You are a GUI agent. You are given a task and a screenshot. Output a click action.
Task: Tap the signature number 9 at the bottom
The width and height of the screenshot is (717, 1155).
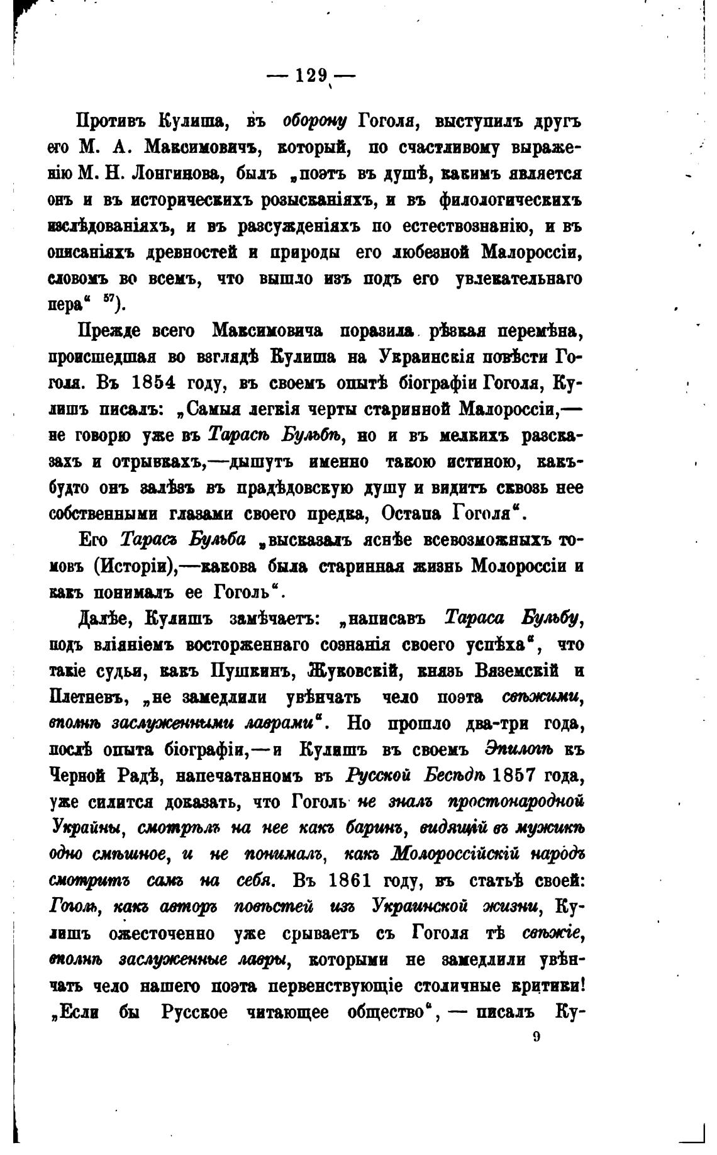tap(536, 1037)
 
